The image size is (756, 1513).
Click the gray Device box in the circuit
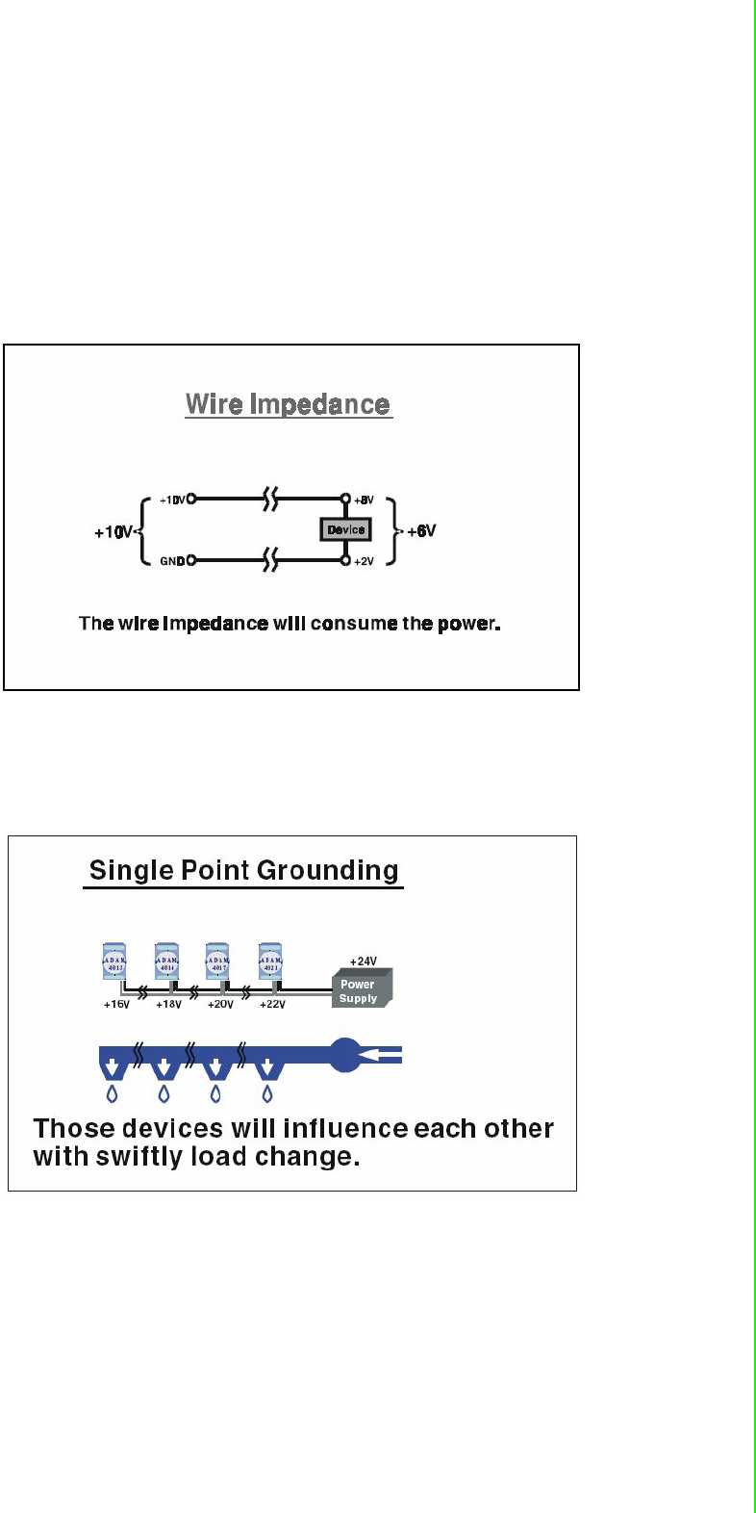coord(345,529)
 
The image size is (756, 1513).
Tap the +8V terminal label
coord(364,500)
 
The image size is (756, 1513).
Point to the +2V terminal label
coord(364,561)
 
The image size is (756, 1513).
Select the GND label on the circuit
coord(172,561)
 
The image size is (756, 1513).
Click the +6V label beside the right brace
coord(421,530)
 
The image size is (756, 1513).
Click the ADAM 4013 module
coord(114,961)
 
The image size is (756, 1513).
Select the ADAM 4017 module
coord(217,961)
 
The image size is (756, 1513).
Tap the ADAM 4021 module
coord(270,961)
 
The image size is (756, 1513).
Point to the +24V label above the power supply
coord(364,961)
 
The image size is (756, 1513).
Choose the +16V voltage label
coord(116,1005)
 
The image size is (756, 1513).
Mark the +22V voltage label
coord(272,1005)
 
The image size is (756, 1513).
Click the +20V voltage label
coord(220,1005)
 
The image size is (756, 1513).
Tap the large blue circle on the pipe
coord(345,1054)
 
